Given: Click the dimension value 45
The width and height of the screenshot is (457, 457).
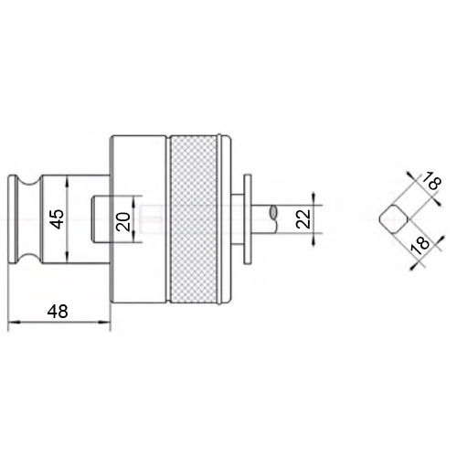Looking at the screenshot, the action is coord(58,218).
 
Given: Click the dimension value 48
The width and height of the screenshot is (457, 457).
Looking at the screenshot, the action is coord(58,312).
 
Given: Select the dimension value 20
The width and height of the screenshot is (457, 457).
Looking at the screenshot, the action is coord(124,221).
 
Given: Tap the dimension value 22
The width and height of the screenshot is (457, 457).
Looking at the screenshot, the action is coord(303,219).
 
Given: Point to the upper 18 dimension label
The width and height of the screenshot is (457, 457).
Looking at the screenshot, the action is coord(431,182).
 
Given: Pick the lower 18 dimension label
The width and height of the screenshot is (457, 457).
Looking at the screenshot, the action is coord(420,246).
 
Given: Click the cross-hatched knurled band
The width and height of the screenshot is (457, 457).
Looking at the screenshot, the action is coord(194,219).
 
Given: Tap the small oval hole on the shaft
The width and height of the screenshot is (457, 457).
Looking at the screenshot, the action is coord(273,212).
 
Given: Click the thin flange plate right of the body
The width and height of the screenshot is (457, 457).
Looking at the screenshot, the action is coord(248,219).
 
